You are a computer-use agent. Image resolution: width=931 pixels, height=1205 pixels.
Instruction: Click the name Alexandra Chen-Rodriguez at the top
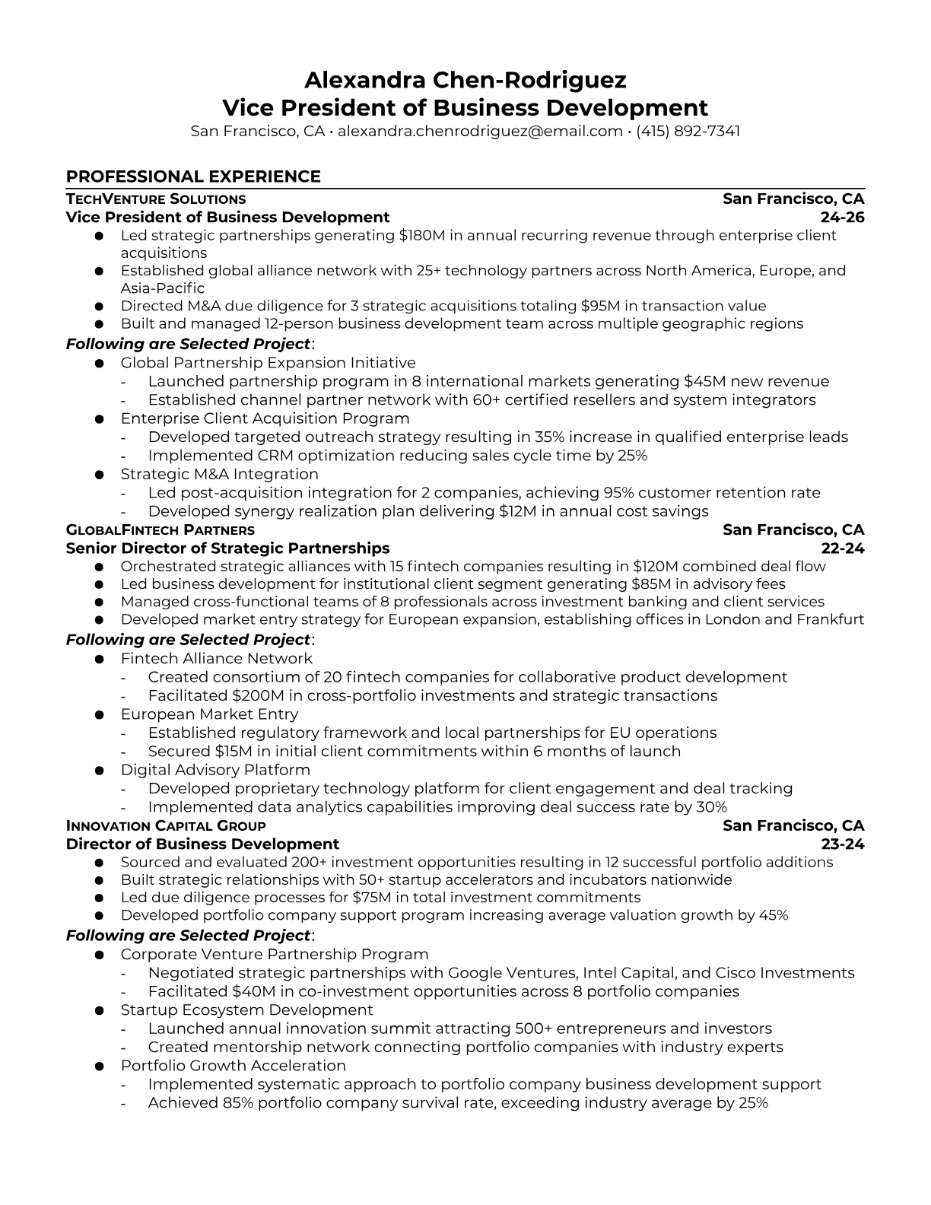click(465, 80)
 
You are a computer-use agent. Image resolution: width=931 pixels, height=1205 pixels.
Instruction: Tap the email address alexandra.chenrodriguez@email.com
click(480, 131)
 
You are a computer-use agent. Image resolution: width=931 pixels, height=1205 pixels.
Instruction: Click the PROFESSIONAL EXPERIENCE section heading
click(193, 176)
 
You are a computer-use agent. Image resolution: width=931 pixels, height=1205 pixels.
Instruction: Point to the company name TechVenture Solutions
click(156, 199)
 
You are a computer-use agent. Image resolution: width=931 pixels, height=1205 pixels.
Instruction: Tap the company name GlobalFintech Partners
click(160, 530)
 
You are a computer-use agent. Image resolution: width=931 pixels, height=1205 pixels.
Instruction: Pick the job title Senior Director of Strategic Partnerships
click(227, 548)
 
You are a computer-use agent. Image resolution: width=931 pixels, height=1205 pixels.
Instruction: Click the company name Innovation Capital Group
click(166, 826)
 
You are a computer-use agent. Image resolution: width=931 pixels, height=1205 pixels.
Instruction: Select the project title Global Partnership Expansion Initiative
click(268, 363)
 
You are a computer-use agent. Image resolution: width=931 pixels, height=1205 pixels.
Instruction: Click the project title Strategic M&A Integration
click(219, 474)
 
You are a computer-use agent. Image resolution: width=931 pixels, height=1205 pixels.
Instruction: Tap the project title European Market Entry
click(209, 714)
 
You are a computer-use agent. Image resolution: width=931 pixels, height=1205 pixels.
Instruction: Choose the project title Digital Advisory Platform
click(215, 770)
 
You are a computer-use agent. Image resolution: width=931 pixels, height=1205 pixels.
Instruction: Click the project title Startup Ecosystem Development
click(246, 1010)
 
